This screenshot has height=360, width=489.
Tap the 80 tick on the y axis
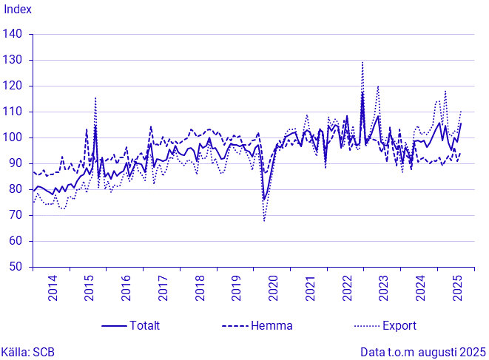tap(16, 189)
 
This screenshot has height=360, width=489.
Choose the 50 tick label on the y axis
tap(16, 267)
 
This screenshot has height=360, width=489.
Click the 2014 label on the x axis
tap(53, 287)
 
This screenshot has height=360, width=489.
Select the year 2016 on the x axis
tap(126, 287)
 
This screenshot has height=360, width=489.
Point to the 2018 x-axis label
tap(200, 287)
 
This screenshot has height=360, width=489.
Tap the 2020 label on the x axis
tap(273, 287)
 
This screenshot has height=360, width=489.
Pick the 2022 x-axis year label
tap(347, 287)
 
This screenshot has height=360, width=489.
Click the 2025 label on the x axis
tap(457, 287)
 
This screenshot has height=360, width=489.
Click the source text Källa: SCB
tap(27, 352)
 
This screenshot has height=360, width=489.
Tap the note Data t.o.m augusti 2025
tap(423, 352)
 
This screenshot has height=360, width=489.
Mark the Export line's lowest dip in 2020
tap(264, 220)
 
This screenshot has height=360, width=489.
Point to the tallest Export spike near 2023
tap(362, 62)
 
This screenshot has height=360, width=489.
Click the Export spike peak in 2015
tap(95, 98)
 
